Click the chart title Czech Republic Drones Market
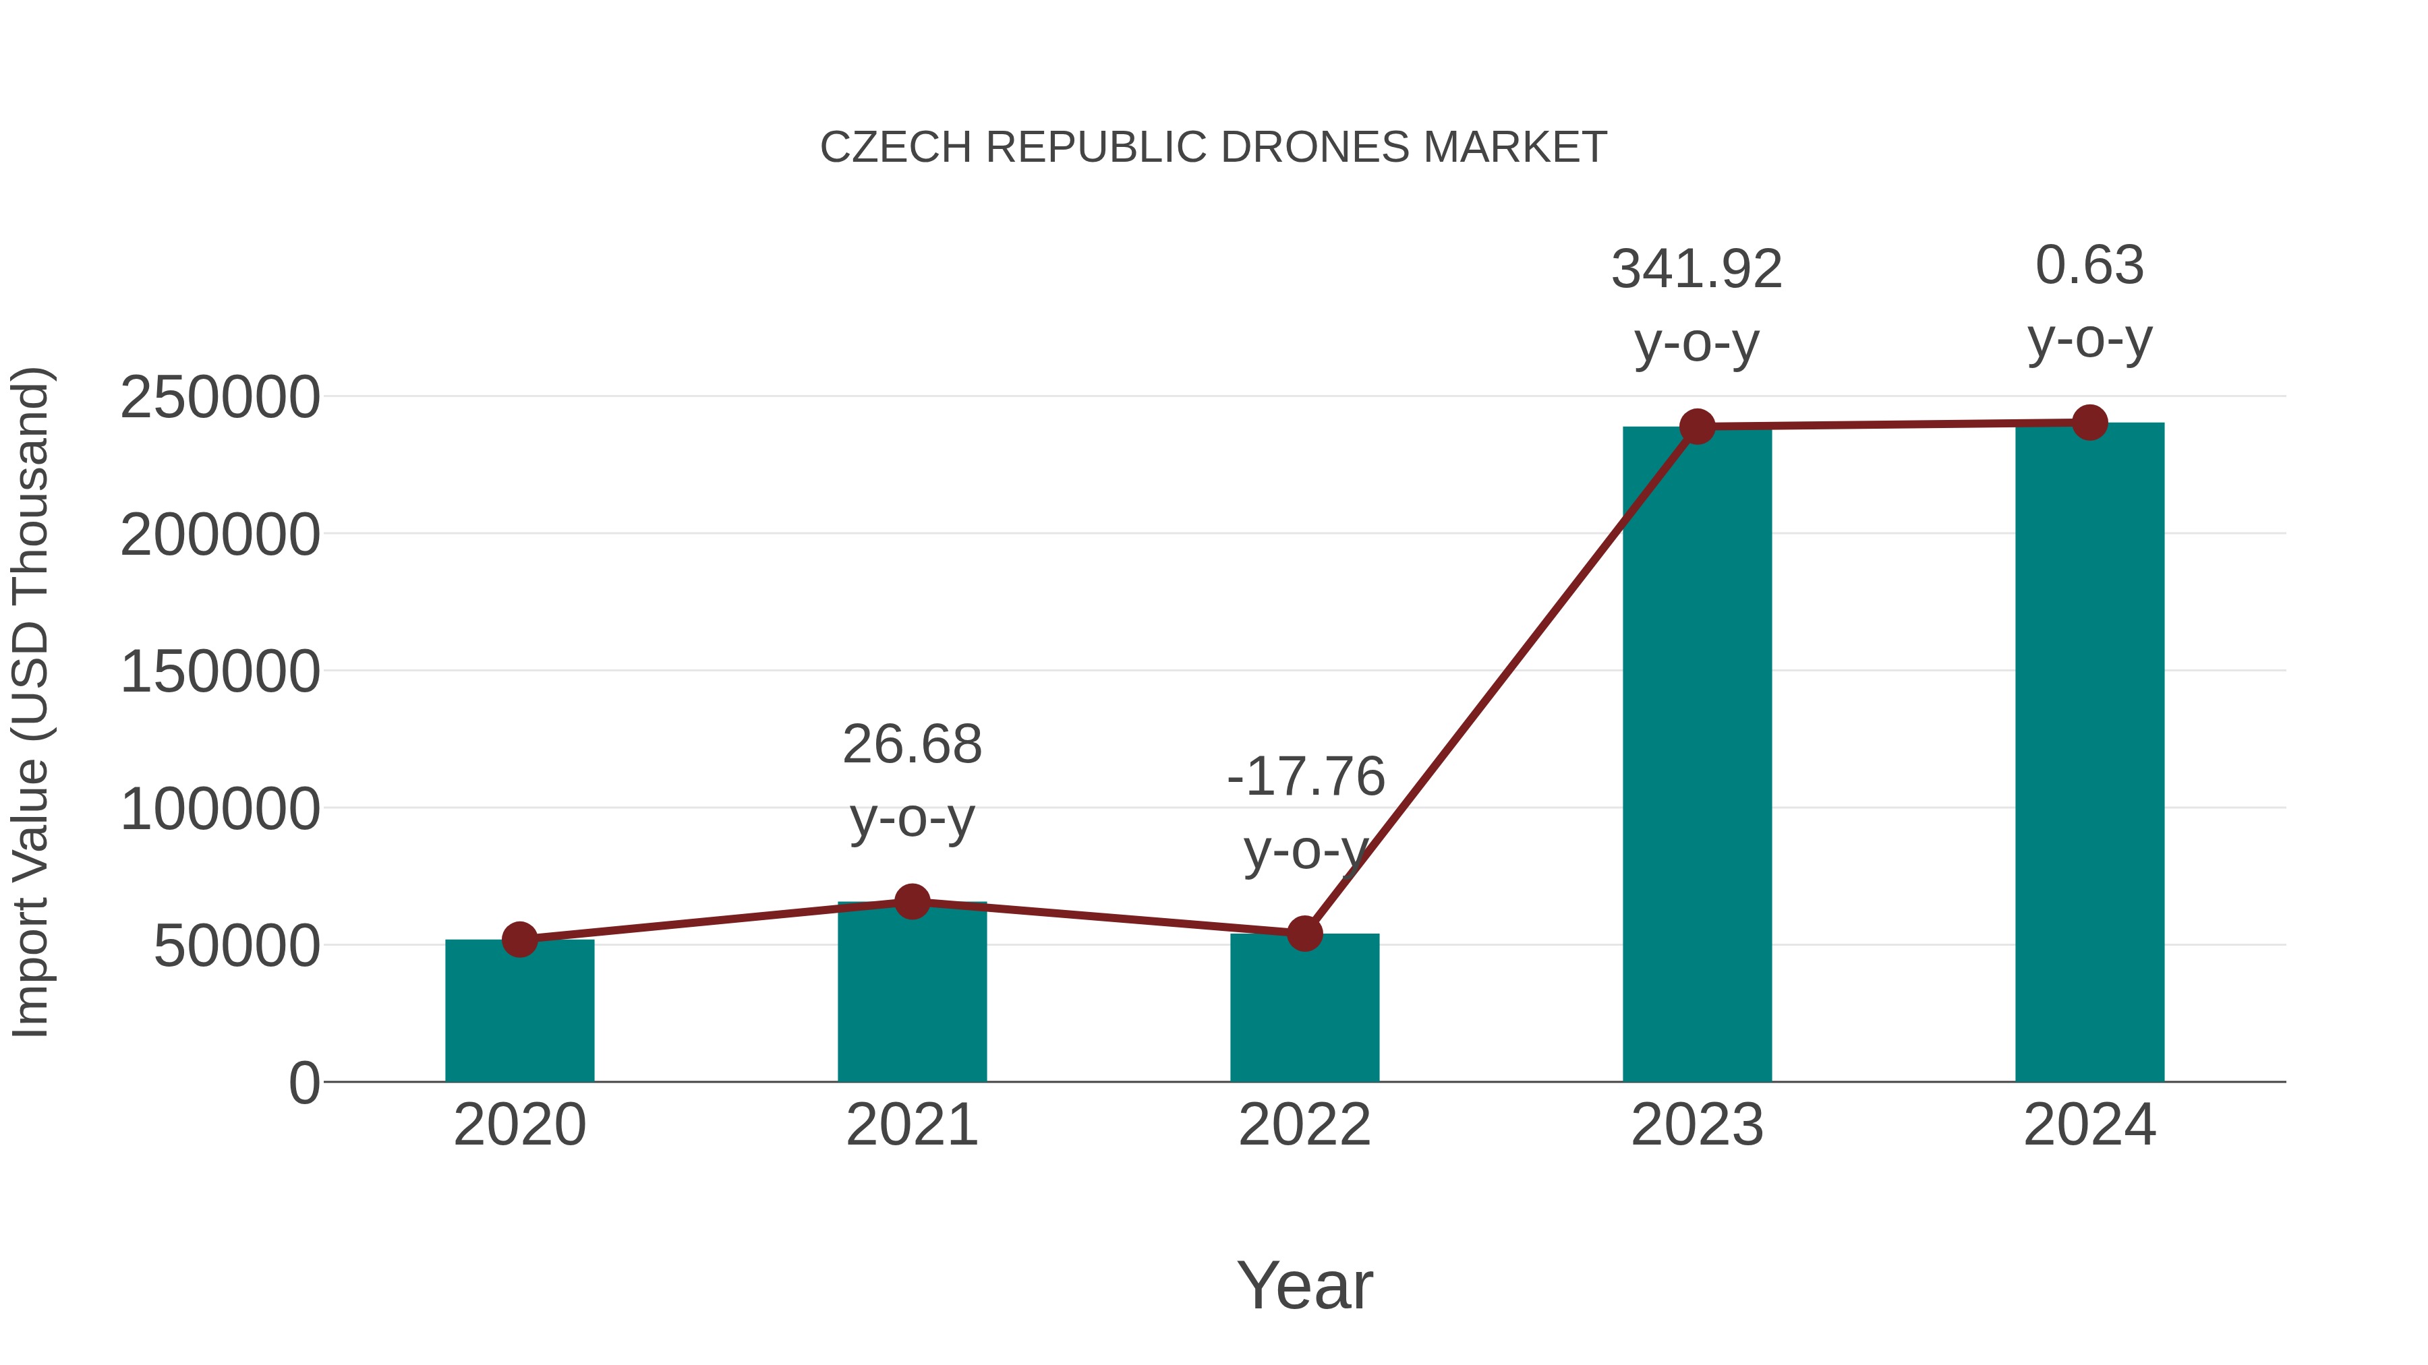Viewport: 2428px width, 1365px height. tap(1213, 148)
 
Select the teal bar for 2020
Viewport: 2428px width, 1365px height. tap(519, 1012)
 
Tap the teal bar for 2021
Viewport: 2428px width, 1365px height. tap(911, 994)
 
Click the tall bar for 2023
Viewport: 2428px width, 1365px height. tap(1697, 754)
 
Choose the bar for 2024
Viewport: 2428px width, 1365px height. tap(2089, 754)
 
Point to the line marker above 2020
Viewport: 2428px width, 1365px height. tap(519, 939)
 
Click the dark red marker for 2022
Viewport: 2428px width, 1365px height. tap(1304, 934)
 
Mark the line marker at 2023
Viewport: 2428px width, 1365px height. tap(1697, 427)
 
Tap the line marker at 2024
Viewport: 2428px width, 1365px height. tap(2089, 423)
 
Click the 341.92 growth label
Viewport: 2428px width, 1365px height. tap(1697, 270)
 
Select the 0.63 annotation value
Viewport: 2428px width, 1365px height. tap(2089, 266)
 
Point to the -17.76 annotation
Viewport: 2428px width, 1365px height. tap(1306, 777)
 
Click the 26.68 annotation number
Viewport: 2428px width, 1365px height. tap(911, 745)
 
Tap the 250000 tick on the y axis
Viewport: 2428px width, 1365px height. tap(220, 398)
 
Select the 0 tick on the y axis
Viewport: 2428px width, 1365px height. tap(303, 1083)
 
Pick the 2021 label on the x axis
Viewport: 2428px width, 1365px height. tap(911, 1125)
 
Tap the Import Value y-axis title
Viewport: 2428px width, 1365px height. tap(30, 702)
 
